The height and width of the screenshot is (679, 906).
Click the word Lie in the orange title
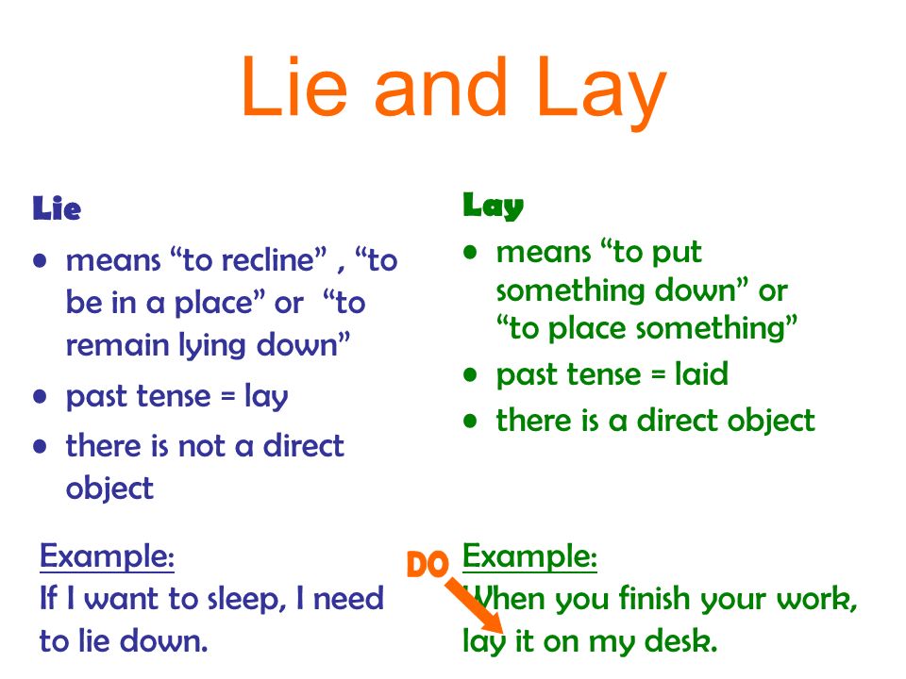pyautogui.click(x=294, y=87)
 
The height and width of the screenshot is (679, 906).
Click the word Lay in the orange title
pyautogui.click(x=601, y=92)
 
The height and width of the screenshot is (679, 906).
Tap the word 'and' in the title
pyautogui.click(x=441, y=87)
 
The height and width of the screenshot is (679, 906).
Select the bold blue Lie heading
pyautogui.click(x=57, y=208)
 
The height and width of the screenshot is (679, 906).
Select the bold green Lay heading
pyautogui.click(x=493, y=206)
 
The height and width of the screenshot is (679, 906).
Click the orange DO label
pyautogui.click(x=428, y=564)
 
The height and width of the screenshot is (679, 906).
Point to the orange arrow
pyautogui.click(x=474, y=606)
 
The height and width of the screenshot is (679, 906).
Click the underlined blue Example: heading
pyautogui.click(x=107, y=557)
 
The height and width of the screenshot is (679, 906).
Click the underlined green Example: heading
pyautogui.click(x=529, y=557)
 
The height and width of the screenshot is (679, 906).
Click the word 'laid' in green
pyautogui.click(x=701, y=373)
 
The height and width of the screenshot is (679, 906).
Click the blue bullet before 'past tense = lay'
pyautogui.click(x=40, y=397)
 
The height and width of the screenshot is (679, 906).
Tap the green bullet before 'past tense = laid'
pyautogui.click(x=470, y=374)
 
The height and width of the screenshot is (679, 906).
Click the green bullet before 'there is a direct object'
pyautogui.click(x=470, y=421)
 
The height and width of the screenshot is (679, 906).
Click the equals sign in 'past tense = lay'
pyautogui.click(x=228, y=397)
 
